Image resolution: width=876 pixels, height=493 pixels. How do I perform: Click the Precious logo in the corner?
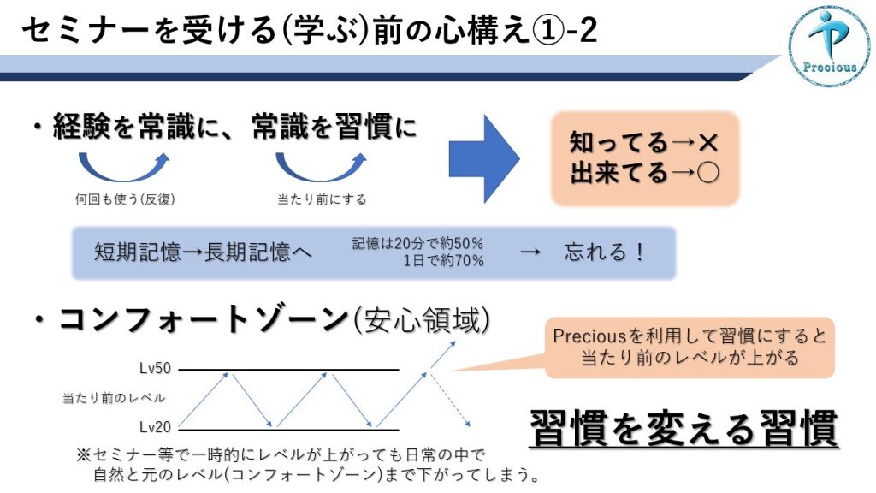point(830,46)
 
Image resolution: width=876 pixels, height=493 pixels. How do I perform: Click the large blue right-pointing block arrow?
point(484,158)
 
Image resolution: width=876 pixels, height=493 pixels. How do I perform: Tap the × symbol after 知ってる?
point(707,143)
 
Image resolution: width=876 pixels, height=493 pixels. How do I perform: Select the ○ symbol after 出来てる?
point(707,173)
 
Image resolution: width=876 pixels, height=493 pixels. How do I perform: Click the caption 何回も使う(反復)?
point(125,199)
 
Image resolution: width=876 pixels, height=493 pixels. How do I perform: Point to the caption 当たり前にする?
point(322,199)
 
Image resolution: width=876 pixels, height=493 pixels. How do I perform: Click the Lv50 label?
point(156,368)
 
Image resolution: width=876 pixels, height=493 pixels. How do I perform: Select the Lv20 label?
point(156,427)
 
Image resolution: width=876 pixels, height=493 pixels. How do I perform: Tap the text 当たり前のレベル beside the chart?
point(114,398)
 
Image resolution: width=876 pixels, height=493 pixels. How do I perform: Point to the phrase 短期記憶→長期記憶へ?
point(203,252)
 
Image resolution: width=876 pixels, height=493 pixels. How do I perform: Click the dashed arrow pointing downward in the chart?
point(450,397)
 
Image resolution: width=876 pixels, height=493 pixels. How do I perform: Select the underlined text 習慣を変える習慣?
point(684,428)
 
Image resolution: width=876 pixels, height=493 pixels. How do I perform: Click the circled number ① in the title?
point(550,30)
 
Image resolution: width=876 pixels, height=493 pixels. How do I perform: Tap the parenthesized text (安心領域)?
point(423,321)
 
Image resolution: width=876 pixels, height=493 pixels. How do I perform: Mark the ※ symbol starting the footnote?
point(83,454)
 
